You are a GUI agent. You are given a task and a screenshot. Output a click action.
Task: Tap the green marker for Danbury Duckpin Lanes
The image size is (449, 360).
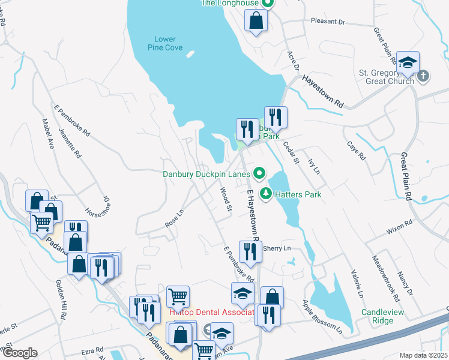click(x=260, y=175)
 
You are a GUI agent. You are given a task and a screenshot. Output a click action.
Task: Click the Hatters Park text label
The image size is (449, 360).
click(x=298, y=194)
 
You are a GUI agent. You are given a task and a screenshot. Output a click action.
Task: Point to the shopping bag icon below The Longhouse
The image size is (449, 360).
click(x=256, y=21)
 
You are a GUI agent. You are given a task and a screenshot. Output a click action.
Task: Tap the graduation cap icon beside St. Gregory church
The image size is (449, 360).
click(x=408, y=63)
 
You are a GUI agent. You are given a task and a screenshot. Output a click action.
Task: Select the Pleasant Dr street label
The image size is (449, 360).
click(x=328, y=22)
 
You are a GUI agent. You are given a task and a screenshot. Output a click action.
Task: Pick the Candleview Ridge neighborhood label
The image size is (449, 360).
click(x=386, y=317)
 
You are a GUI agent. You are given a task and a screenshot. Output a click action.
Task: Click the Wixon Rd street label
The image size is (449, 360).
click(x=400, y=226)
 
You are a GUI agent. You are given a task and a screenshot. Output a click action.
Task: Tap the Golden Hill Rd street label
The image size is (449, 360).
click(x=61, y=298)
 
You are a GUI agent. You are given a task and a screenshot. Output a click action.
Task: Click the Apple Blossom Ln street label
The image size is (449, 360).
click(x=322, y=317)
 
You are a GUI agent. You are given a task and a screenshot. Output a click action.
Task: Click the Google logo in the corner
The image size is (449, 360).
click(x=20, y=353)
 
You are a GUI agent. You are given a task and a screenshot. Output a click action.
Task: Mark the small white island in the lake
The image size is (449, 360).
click(x=190, y=53)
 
